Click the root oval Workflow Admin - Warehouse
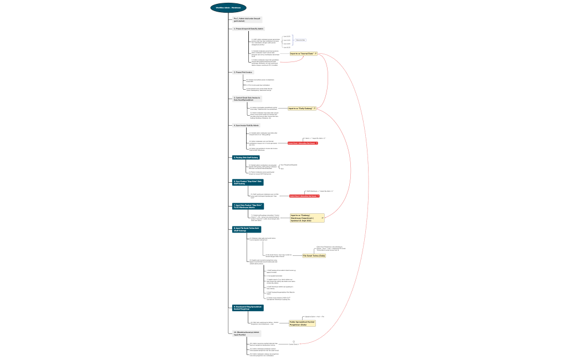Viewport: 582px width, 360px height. coord(228,8)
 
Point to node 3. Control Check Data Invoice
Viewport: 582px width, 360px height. coord(247,99)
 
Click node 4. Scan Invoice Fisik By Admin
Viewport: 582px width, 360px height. coord(246,125)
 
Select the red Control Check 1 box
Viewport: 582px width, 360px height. coord(303,143)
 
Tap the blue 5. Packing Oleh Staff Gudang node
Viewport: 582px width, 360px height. coord(246,157)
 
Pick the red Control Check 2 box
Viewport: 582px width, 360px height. coord(304,196)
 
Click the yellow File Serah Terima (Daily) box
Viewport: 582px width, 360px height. coord(314,256)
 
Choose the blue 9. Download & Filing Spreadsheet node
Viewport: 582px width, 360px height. coord(247,307)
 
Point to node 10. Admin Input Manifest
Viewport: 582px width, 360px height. coord(247,333)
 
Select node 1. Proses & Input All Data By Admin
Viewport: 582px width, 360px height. coord(249,28)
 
